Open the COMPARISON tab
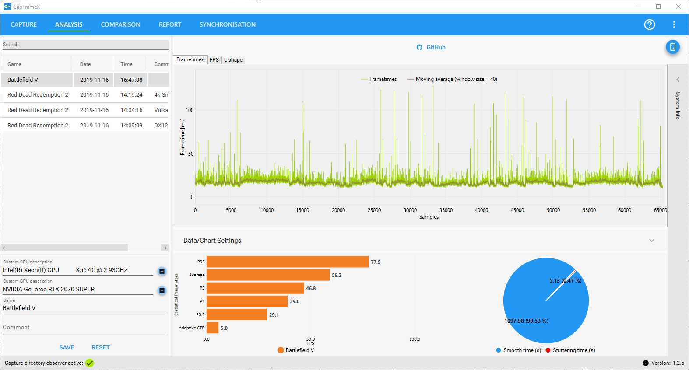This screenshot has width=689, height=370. click(x=120, y=24)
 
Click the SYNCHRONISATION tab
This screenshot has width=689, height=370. click(x=227, y=24)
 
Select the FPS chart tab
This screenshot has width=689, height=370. click(x=214, y=60)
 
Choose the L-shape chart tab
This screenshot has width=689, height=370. click(x=233, y=60)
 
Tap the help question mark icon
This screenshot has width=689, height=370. click(x=649, y=24)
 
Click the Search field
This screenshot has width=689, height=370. click(x=85, y=45)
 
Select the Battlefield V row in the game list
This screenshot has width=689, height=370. click(x=84, y=80)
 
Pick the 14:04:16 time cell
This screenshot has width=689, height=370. click(x=131, y=110)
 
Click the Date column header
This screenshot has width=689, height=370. click(x=85, y=64)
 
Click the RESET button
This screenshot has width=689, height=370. click(x=101, y=347)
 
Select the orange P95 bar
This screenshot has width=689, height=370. click(x=287, y=262)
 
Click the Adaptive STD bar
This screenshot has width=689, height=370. click(x=212, y=328)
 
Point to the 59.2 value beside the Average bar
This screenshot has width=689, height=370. click(x=337, y=275)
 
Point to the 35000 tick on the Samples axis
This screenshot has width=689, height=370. click(x=446, y=210)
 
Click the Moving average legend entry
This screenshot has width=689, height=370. click(x=452, y=79)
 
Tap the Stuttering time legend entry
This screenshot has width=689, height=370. click(x=570, y=350)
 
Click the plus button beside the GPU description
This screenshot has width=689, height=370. click(x=162, y=290)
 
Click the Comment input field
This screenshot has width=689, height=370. click(x=84, y=328)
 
